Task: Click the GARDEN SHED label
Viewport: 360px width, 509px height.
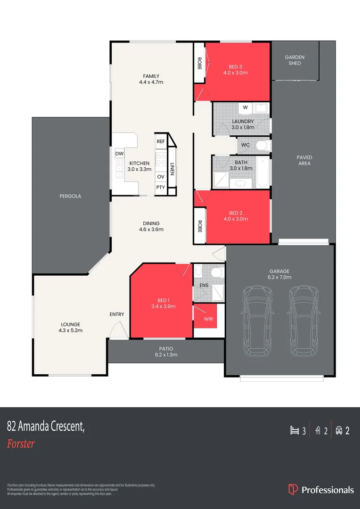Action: pos(295,60)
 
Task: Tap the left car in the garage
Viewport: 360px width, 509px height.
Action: pos(257,321)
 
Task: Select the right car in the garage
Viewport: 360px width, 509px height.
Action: pos(303,321)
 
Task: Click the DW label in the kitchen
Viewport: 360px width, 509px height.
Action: pos(119,154)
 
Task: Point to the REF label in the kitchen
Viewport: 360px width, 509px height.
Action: pos(161,141)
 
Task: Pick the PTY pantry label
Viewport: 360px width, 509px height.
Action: pos(161,188)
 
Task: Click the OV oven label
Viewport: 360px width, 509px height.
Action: pos(161,177)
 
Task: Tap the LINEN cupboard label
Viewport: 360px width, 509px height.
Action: pos(172,169)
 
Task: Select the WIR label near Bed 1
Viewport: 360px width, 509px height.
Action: pos(208,319)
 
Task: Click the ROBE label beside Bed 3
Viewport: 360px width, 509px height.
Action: pos(199,64)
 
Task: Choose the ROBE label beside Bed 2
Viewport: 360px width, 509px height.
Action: pos(199,227)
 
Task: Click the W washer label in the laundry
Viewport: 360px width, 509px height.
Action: pos(245,107)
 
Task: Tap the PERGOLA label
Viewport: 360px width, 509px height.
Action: pos(70,196)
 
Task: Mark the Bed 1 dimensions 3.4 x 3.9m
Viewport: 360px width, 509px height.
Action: pos(163,306)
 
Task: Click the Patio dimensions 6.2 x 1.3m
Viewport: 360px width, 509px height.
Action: pos(165,355)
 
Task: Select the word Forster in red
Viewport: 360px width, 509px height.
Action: pos(21,443)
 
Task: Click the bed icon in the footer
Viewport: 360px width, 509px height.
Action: pos(295,430)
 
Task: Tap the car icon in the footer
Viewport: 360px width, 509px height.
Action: pos(339,430)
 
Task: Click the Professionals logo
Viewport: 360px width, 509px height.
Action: pos(321,490)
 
